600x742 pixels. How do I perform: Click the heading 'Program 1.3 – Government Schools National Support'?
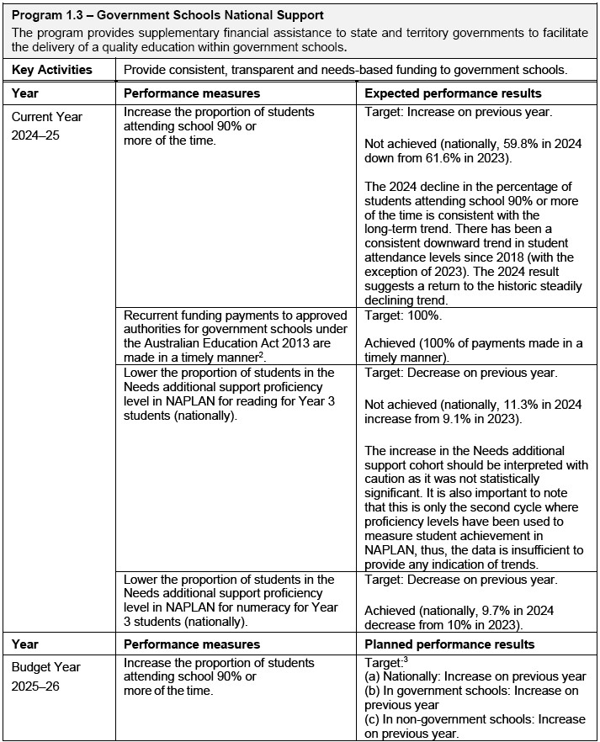tap(169, 16)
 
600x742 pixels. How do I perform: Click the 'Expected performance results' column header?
tap(453, 93)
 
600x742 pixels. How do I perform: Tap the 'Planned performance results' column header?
tap(449, 644)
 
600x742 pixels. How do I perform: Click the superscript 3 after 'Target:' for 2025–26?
tap(404, 661)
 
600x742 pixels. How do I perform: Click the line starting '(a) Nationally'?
tap(475, 677)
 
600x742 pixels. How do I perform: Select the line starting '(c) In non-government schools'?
tap(475, 719)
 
